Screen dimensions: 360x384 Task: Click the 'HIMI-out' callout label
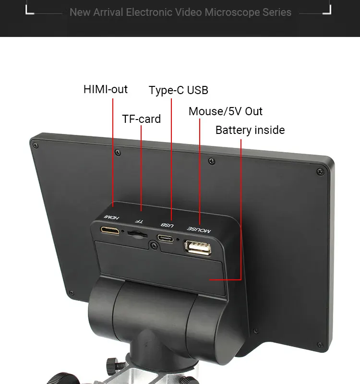pyautogui.click(x=106, y=89)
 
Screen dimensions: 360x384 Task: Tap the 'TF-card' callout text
pyautogui.click(x=141, y=119)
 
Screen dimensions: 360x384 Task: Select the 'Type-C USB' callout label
pyautogui.click(x=178, y=90)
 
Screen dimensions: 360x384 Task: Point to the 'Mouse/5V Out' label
pyautogui.click(x=225, y=111)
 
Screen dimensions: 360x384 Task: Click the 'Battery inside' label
pyautogui.click(x=250, y=130)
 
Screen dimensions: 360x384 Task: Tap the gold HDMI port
pyautogui.click(x=110, y=230)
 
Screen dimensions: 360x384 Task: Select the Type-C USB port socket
pyautogui.click(x=166, y=238)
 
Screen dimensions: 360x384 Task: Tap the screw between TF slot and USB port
pyautogui.click(x=153, y=246)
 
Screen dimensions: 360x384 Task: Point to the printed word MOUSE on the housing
pyautogui.click(x=199, y=229)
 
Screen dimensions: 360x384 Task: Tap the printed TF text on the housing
pyautogui.click(x=139, y=220)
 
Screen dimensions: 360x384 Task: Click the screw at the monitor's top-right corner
pyautogui.click(x=320, y=171)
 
